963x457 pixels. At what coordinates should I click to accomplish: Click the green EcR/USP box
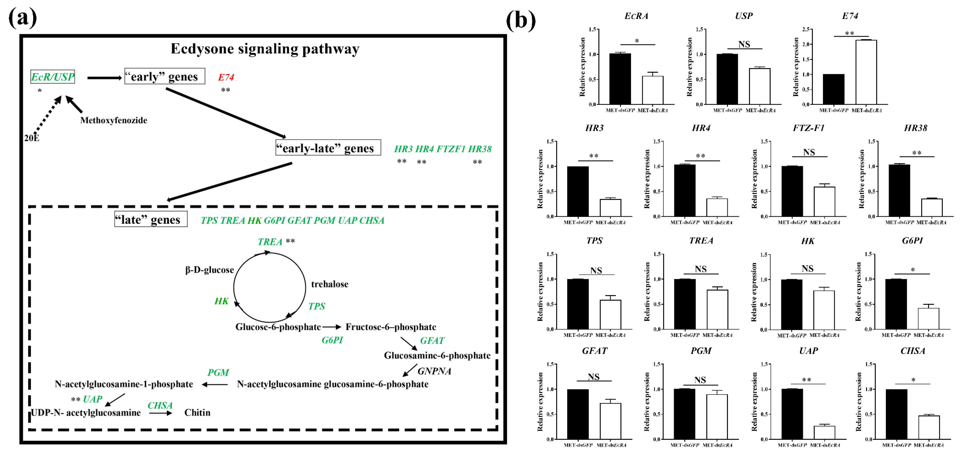pyautogui.click(x=53, y=77)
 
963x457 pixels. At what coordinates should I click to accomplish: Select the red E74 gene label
pyautogui.click(x=226, y=77)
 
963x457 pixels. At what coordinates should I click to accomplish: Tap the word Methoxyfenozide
pyautogui.click(x=114, y=120)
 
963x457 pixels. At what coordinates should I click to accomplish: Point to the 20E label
pyautogui.click(x=32, y=138)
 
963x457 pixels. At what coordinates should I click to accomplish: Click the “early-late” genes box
pyautogui.click(x=328, y=148)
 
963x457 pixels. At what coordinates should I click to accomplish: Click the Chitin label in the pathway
pyautogui.click(x=197, y=412)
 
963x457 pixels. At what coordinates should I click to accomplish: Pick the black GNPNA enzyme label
pyautogui.click(x=434, y=371)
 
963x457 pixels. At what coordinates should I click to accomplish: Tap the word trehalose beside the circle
pyautogui.click(x=329, y=284)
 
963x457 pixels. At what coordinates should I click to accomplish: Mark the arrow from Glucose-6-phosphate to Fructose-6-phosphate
pyautogui.click(x=332, y=327)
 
